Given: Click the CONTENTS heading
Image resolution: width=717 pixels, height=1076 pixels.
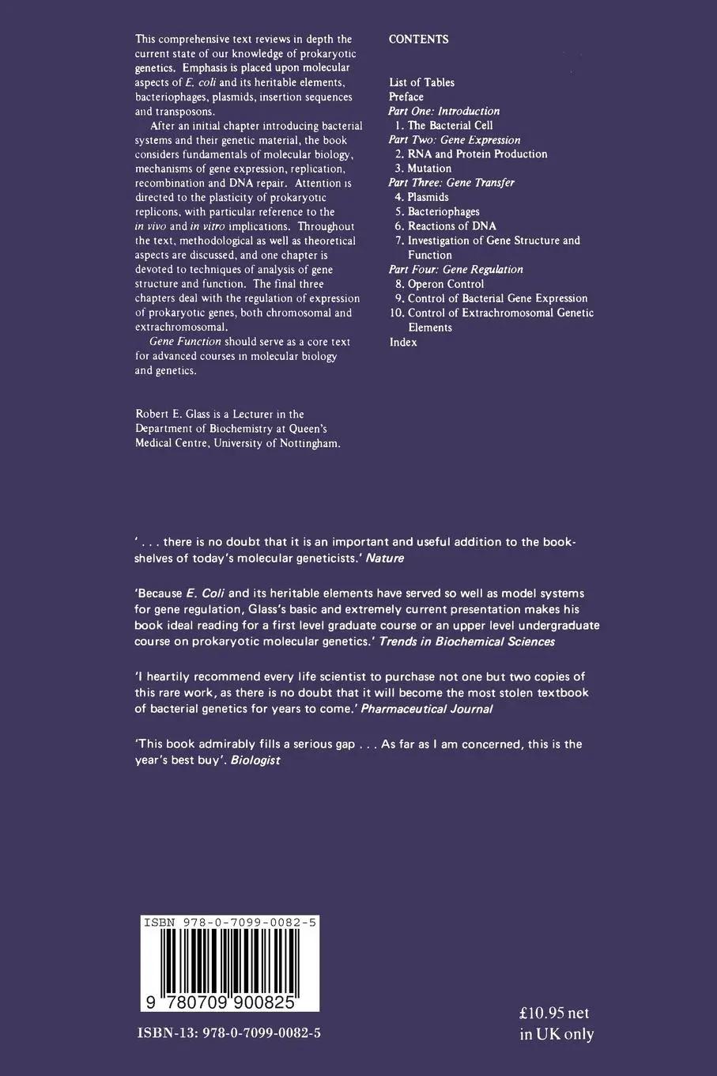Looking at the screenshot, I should pyautogui.click(x=418, y=40).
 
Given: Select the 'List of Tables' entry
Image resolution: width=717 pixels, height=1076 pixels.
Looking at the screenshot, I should pyautogui.click(x=421, y=82).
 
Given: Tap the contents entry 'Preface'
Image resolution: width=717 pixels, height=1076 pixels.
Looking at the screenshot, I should pyautogui.click(x=406, y=97).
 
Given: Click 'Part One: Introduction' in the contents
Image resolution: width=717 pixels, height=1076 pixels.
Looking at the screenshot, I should pyautogui.click(x=444, y=112).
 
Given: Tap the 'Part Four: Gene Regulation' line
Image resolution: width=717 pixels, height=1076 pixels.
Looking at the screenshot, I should pyautogui.click(x=456, y=270).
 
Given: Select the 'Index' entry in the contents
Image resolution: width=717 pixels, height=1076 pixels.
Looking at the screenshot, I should pyautogui.click(x=403, y=343).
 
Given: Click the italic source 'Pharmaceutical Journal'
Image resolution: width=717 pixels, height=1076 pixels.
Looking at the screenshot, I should pyautogui.click(x=427, y=709).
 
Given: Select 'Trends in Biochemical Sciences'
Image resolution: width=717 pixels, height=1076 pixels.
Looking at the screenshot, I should pyautogui.click(x=467, y=642).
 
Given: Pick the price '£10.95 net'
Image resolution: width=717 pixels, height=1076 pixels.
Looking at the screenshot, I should pyautogui.click(x=555, y=1013).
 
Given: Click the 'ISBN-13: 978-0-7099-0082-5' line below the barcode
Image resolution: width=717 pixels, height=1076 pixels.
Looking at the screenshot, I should pyautogui.click(x=229, y=1033).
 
